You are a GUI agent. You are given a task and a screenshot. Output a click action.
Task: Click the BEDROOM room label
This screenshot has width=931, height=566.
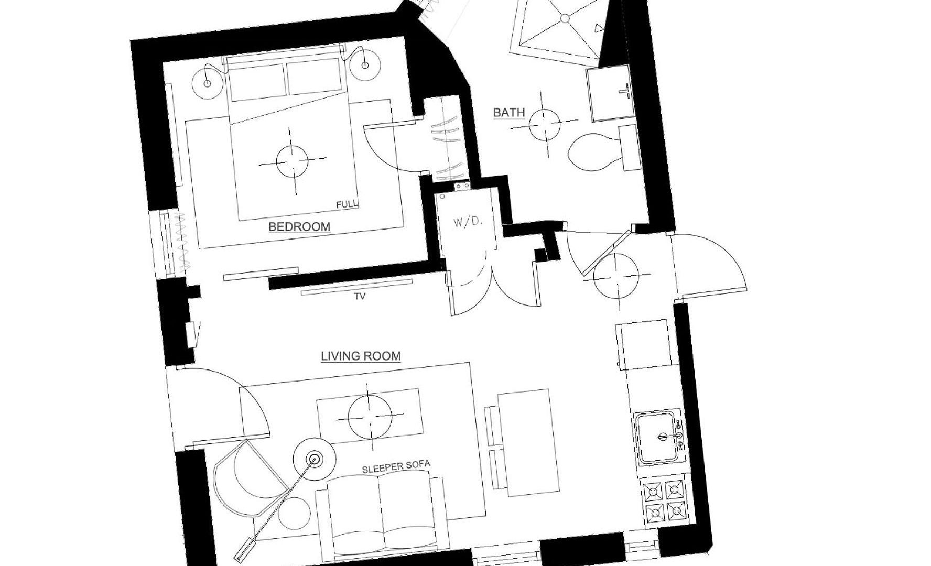[x=299, y=227]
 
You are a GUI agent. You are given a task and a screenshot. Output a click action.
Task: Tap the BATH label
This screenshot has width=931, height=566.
[x=509, y=113]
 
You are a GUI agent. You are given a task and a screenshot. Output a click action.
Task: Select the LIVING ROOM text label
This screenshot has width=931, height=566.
[x=361, y=356]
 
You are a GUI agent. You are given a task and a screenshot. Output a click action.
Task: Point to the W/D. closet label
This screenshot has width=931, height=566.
[x=468, y=222]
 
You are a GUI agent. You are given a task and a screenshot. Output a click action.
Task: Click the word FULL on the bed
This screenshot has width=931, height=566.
[x=347, y=204]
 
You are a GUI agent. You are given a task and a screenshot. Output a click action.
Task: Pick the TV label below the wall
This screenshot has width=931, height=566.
[x=360, y=297]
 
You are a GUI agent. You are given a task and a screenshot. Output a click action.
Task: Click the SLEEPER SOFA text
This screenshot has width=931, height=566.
[x=396, y=467]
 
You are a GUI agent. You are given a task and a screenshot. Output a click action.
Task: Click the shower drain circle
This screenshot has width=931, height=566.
[x=565, y=18]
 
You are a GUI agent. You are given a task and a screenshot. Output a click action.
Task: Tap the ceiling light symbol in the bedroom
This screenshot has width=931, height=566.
[x=292, y=161]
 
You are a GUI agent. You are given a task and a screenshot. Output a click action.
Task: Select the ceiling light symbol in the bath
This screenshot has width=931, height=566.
[x=545, y=124]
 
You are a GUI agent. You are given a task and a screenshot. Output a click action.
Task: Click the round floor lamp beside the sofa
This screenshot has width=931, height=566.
[x=315, y=460]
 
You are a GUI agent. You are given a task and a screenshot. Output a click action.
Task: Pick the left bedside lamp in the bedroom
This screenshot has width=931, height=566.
[x=207, y=83]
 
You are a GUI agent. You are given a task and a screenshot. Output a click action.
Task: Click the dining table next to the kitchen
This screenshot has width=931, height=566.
[x=528, y=442]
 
